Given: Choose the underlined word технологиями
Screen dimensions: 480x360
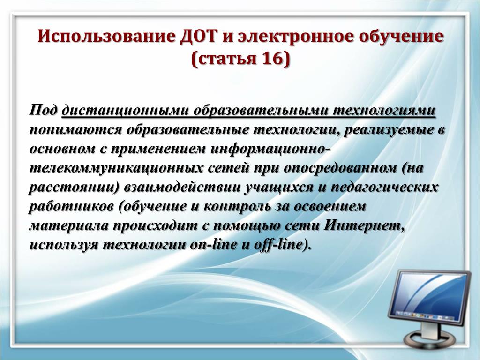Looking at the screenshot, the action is tap(384, 110).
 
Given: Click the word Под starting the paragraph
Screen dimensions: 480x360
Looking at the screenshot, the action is tap(43, 110).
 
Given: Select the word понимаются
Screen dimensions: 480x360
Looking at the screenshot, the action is tap(75, 130).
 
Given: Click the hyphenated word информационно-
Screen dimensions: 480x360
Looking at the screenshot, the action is tap(270, 149).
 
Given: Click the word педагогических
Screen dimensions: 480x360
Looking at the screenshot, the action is tap(384, 187).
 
